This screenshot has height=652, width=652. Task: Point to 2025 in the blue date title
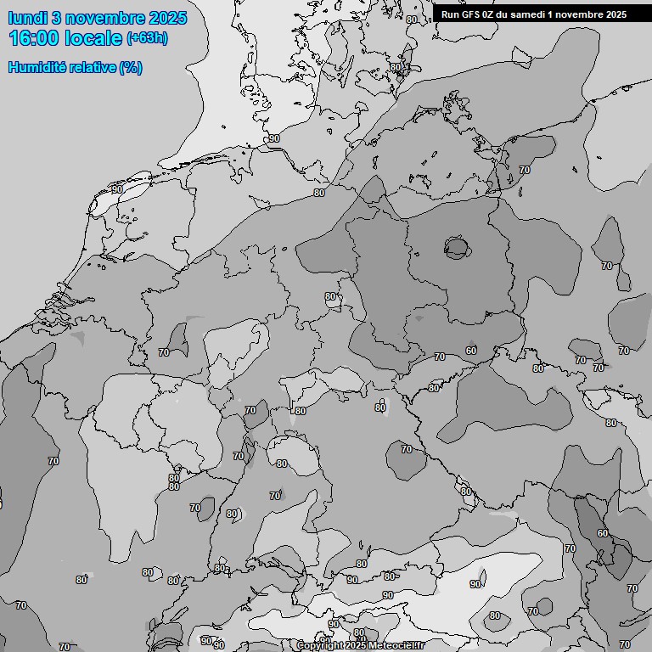[167, 18]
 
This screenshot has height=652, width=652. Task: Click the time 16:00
[34, 38]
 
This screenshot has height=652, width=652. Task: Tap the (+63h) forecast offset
[147, 38]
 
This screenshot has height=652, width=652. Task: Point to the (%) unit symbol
[130, 67]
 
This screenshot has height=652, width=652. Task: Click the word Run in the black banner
[450, 14]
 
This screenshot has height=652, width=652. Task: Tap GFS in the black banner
[471, 14]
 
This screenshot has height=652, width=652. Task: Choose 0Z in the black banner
[490, 14]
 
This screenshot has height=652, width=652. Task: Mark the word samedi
[531, 14]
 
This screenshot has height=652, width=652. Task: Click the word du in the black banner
[505, 14]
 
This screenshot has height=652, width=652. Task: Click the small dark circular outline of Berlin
[457, 248]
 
